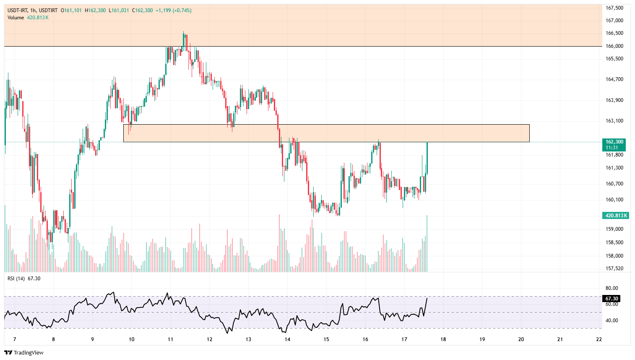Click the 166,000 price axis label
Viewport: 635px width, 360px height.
pyautogui.click(x=614, y=46)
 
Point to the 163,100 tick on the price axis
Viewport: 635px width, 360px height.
pyautogui.click(x=614, y=121)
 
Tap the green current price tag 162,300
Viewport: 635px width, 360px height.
pyautogui.click(x=614, y=142)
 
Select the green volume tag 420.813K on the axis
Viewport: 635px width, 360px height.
pyautogui.click(x=615, y=216)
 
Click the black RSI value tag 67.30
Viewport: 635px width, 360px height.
pyautogui.click(x=612, y=299)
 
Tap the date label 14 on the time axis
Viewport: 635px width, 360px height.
pyautogui.click(x=287, y=339)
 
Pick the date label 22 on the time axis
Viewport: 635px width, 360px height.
pyautogui.click(x=599, y=339)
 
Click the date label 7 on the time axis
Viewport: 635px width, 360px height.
pyautogui.click(x=15, y=339)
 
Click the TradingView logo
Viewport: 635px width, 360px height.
pyautogui.click(x=24, y=352)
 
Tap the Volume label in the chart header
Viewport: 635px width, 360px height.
pyautogui.click(x=16, y=18)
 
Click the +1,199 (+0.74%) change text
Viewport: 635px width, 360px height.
pyautogui.click(x=173, y=10)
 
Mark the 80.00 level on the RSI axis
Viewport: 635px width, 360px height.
pyautogui.click(x=612, y=288)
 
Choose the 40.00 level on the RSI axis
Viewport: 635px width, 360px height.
pyautogui.click(x=612, y=321)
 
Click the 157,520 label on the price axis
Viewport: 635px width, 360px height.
pyautogui.click(x=614, y=269)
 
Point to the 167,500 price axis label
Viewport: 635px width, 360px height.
pyautogui.click(x=614, y=8)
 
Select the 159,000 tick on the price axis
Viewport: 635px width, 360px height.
pyautogui.click(x=614, y=229)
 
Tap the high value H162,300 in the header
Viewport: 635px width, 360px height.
pyautogui.click(x=95, y=10)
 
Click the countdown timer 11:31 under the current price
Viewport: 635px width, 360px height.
pyautogui.click(x=612, y=148)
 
